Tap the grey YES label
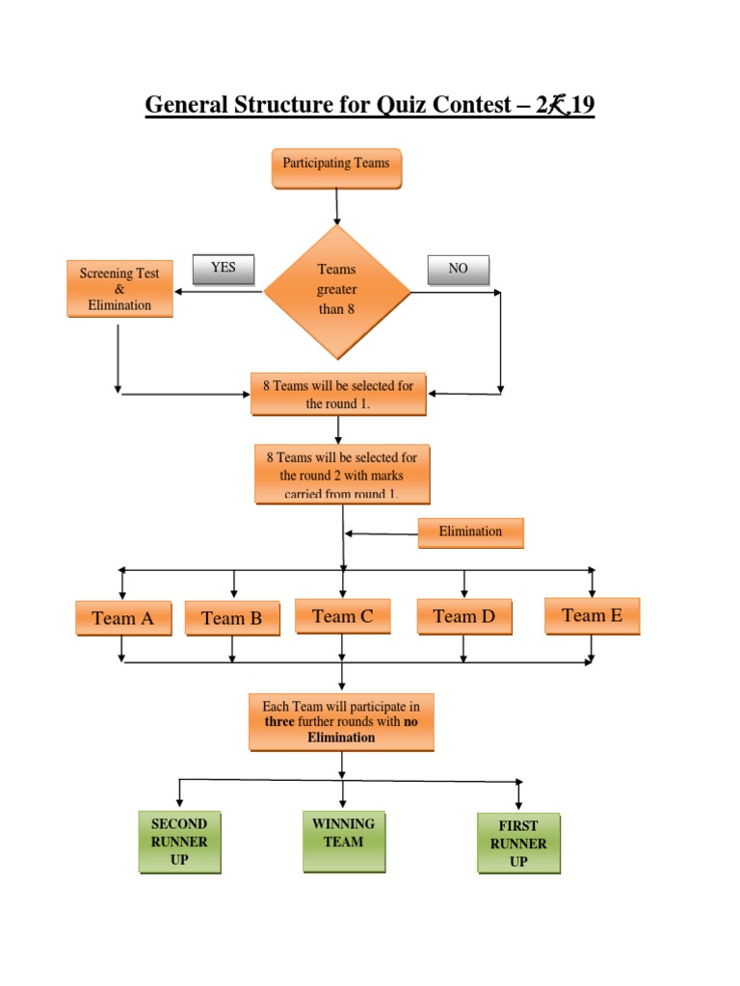224,270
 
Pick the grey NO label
458,270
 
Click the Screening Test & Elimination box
119,289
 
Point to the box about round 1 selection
338,394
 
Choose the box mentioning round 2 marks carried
342,474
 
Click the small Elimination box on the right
470,532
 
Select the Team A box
122,618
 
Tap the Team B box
231,618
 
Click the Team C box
342,616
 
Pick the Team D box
463,616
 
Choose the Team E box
592,615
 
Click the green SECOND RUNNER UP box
179,842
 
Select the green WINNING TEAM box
343,841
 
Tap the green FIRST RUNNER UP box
518,843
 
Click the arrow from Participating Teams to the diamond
336,206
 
